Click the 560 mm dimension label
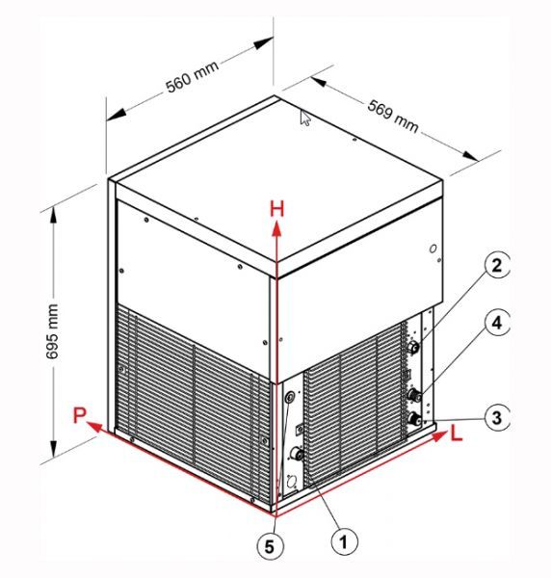tap(192, 76)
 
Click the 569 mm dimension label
tap(393, 116)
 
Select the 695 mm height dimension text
tap(52, 330)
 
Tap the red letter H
tap(277, 209)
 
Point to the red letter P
tap(79, 415)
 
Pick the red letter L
tap(457, 433)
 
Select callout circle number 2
tap(497, 266)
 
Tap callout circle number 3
tap(497, 417)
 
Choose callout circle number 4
tap(497, 324)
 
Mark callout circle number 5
tap(270, 546)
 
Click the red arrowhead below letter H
tap(276, 228)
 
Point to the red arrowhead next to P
tap(94, 427)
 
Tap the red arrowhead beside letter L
tap(439, 436)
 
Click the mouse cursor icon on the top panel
tap(305, 118)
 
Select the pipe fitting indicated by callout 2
tap(413, 347)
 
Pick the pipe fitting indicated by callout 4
tap(415, 396)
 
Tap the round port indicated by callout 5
tap(290, 397)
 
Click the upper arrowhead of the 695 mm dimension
tap(54, 216)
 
